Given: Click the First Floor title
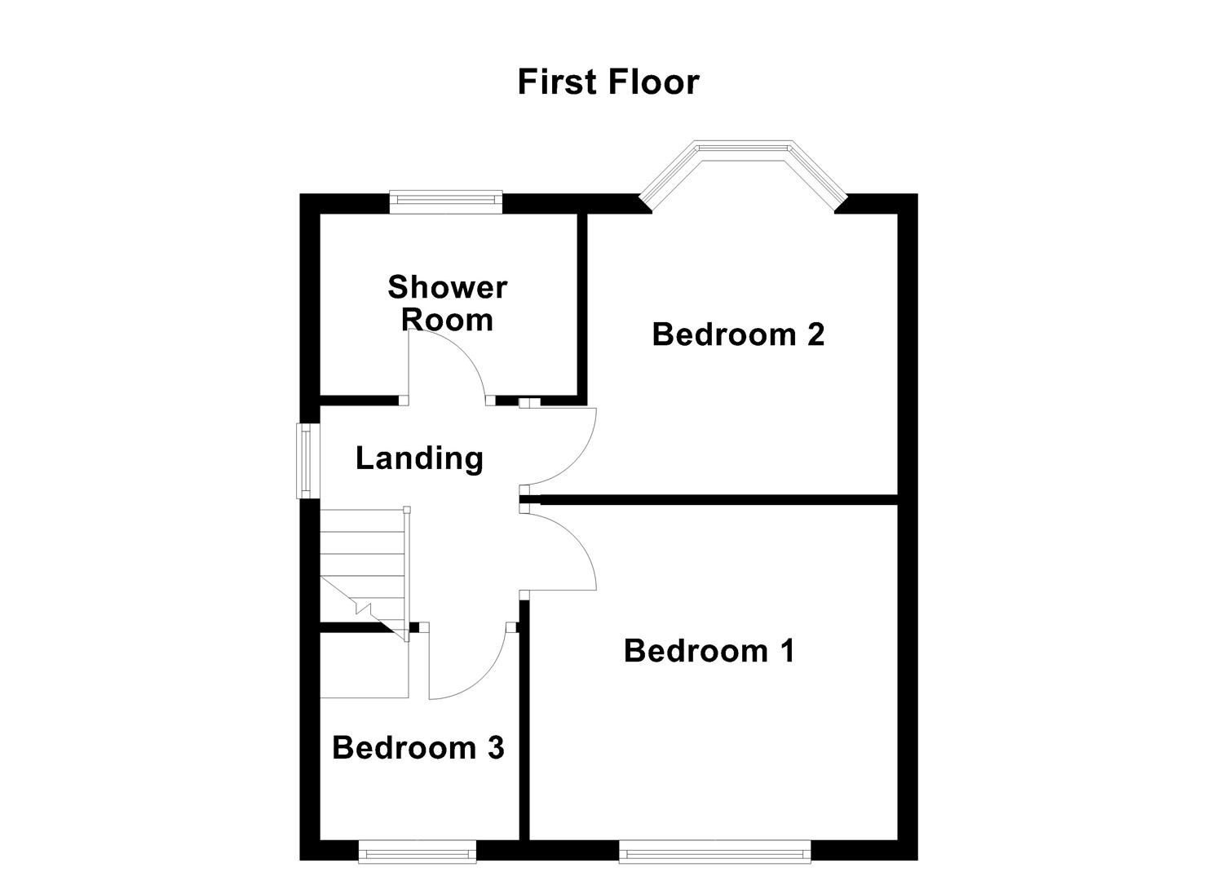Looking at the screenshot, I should (608, 82).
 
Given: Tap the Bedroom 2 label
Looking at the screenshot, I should (738, 334).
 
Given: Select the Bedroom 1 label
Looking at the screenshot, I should (709, 651).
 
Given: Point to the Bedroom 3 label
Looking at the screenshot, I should (418, 747).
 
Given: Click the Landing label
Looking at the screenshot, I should (419, 458).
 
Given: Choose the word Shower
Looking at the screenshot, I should (447, 287).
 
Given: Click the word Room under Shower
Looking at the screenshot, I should (447, 320).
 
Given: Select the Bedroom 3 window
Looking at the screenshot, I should (418, 854).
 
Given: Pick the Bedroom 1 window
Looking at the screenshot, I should (714, 854).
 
